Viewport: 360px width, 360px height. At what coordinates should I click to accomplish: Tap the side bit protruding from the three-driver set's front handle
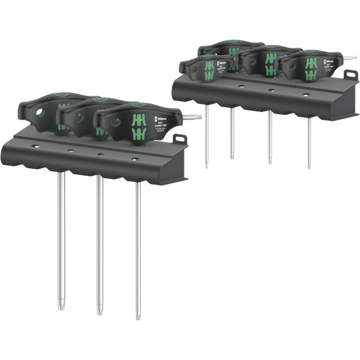pyautogui.click(x=195, y=117)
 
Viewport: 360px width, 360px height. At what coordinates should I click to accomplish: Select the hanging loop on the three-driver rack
pyautogui.click(x=180, y=139)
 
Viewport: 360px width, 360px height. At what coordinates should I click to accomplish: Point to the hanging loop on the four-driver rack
pyautogui.click(x=349, y=75)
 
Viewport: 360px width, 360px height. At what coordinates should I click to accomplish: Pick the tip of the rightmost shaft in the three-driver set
pyautogui.click(x=138, y=317)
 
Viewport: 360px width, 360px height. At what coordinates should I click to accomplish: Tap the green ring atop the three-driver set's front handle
pyautogui.click(x=136, y=105)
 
